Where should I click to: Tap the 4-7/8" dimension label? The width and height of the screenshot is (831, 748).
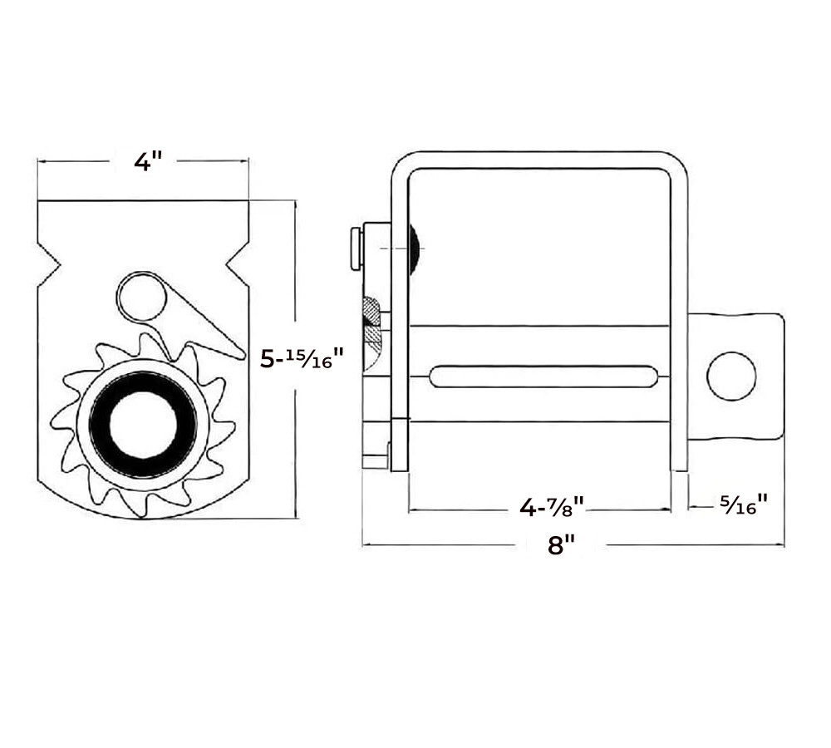[551, 507]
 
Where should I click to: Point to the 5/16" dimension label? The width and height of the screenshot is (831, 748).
[744, 504]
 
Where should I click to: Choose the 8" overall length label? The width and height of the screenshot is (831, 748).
[561, 544]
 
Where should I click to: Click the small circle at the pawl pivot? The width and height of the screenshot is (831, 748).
[141, 298]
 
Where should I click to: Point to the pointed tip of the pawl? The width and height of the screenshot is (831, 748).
[243, 354]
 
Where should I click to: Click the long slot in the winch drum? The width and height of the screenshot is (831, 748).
[543, 376]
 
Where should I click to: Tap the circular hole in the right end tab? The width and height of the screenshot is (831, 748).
[731, 376]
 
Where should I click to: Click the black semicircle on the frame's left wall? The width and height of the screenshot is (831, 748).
[413, 249]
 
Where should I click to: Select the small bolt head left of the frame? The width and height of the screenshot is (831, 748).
[356, 249]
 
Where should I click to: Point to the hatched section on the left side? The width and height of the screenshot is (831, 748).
[371, 322]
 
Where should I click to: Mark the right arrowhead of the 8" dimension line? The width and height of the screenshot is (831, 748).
[780, 545]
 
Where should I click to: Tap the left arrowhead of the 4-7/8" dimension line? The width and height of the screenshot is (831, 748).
[413, 510]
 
